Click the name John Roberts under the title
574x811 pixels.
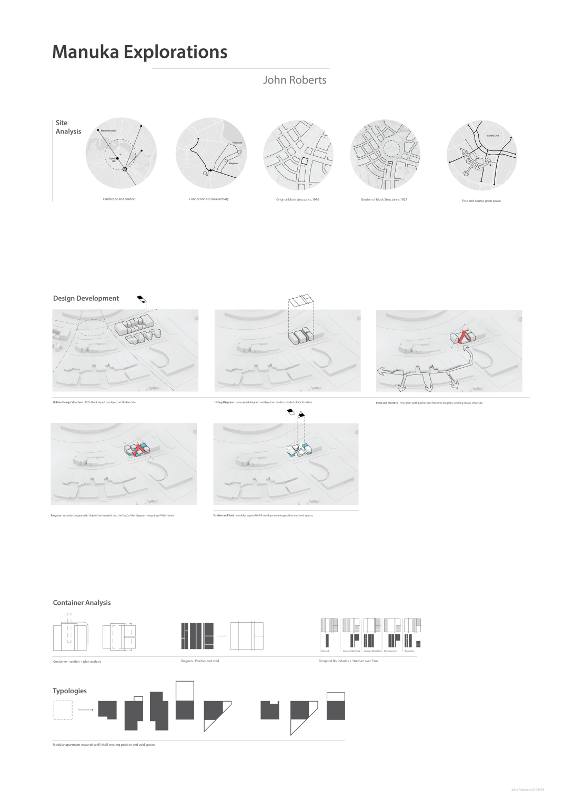(x=295, y=80)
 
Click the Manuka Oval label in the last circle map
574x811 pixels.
(x=492, y=136)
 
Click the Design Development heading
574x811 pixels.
(x=86, y=298)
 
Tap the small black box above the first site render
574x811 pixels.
(x=142, y=300)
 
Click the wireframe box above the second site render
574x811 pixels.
(x=301, y=301)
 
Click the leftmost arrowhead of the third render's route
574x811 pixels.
(x=380, y=371)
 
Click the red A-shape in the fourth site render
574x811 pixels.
(x=139, y=449)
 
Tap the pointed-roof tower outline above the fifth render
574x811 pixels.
(x=301, y=415)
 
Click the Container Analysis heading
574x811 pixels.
(x=82, y=603)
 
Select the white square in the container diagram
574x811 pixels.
(x=246, y=636)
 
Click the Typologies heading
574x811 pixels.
(x=69, y=691)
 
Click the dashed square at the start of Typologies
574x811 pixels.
(x=63, y=710)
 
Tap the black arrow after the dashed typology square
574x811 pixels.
(x=86, y=710)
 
